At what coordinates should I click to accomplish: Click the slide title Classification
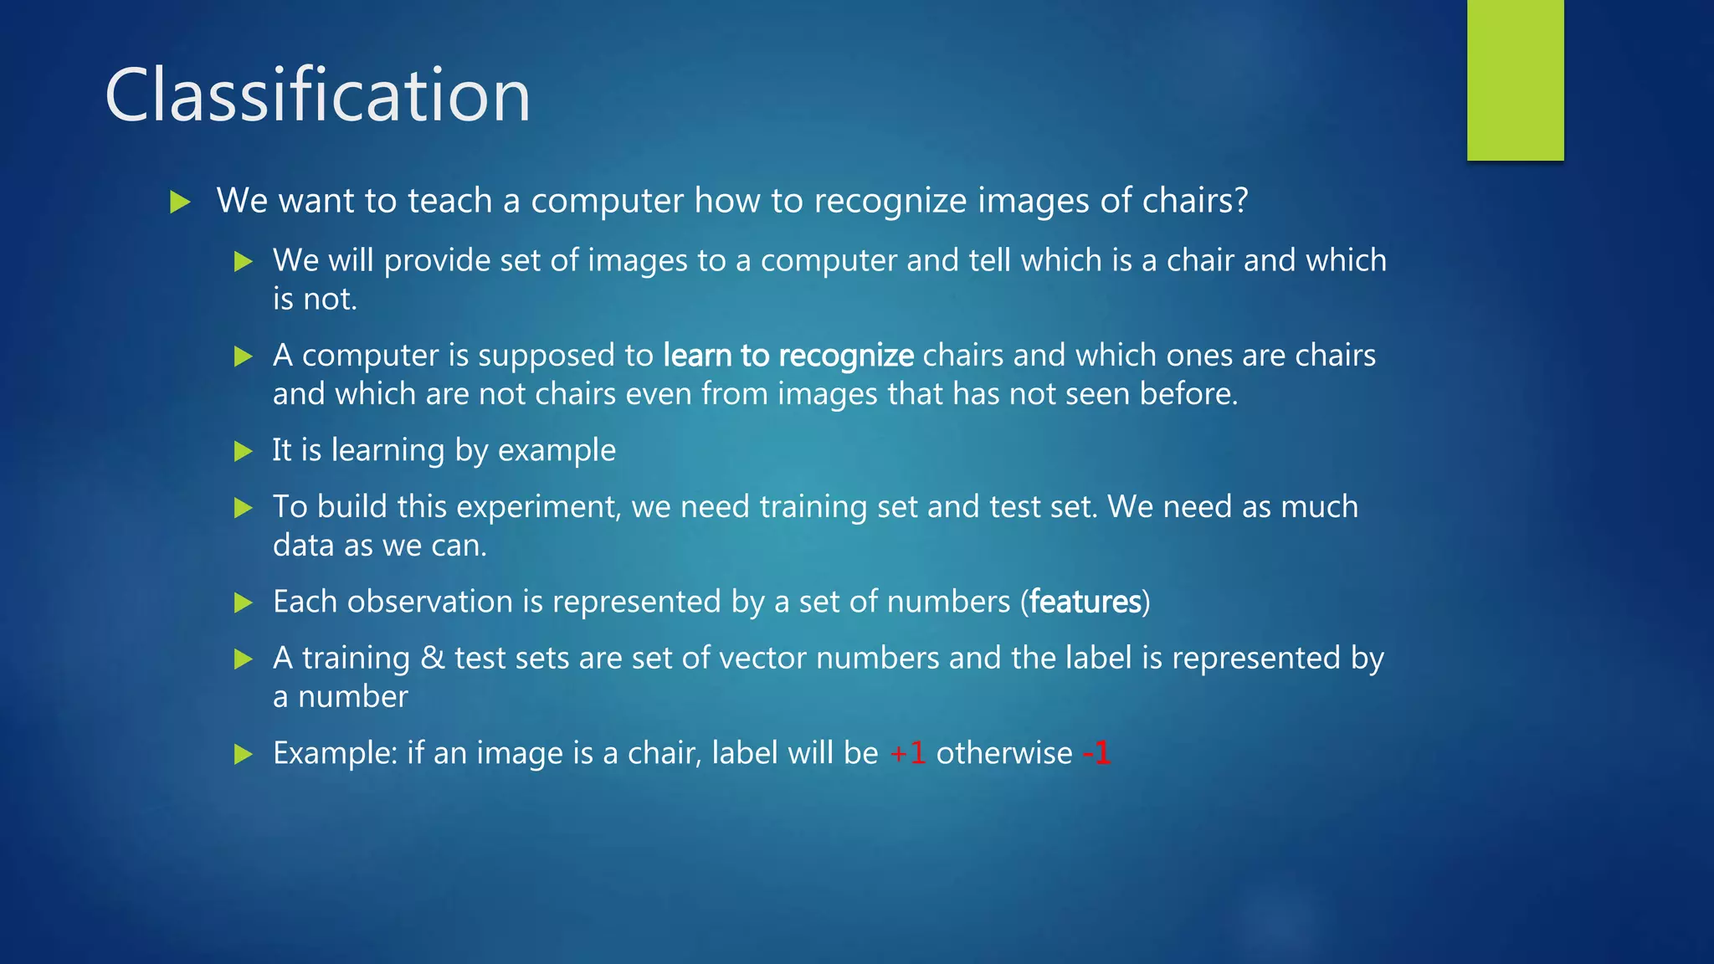(317, 95)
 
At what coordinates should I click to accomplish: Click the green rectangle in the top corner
(1515, 79)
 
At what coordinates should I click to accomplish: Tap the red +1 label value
(907, 753)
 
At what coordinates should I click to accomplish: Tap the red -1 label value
(1096, 753)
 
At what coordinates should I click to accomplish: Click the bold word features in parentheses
(1085, 602)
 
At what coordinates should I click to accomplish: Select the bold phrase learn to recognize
(788, 356)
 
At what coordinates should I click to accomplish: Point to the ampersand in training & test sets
(432, 658)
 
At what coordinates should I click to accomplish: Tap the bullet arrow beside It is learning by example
(243, 452)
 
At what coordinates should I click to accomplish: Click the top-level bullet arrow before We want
(180, 202)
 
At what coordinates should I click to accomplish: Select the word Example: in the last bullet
(335, 753)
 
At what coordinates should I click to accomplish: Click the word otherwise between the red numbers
(1003, 753)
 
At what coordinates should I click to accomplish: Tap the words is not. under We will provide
(315, 300)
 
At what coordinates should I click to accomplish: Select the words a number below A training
(340, 697)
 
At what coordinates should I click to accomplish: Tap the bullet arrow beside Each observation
(243, 602)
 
